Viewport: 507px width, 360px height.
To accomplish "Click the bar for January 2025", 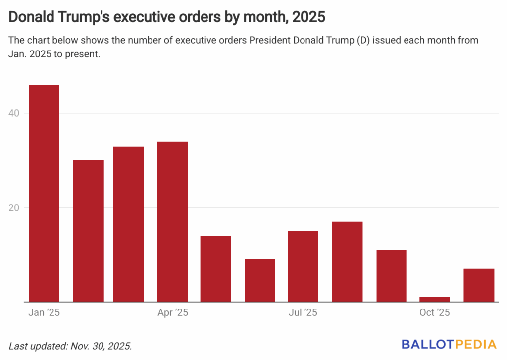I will pos(44,193).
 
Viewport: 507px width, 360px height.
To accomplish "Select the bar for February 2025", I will pos(88,231).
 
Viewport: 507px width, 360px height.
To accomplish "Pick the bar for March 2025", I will pos(128,224).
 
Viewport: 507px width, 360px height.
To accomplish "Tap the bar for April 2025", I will pos(172,221).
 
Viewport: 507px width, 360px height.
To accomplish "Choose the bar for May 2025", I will pos(215,268).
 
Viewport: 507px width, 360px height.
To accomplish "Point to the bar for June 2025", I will pos(259,280).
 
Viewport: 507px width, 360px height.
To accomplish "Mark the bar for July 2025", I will pos(303,266).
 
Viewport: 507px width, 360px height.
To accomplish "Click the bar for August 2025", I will pos(347,261).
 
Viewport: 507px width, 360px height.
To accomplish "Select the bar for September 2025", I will pos(391,276).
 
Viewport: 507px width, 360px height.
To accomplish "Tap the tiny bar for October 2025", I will pos(435,299).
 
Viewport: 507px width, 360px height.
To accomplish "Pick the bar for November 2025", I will pos(479,285).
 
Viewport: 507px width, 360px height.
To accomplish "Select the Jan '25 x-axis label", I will pos(45,313).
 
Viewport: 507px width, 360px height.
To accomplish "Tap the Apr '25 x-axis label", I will pos(173,313).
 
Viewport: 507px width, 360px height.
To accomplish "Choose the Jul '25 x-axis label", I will pos(303,313).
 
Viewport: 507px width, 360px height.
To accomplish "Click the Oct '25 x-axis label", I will pos(434,313).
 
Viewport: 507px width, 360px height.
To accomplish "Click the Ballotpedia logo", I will pos(450,344).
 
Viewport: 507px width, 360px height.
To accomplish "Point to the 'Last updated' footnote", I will pos(70,345).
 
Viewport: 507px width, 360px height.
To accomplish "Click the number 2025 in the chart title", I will pos(308,17).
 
